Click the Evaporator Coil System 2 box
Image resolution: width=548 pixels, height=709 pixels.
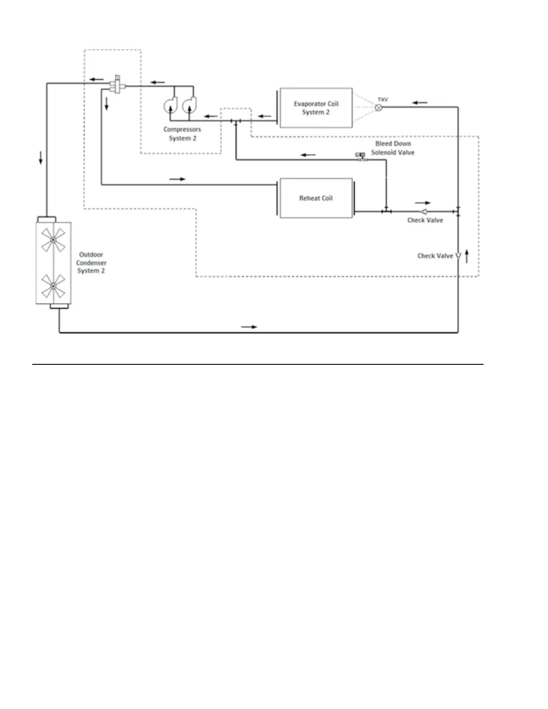click(x=316, y=108)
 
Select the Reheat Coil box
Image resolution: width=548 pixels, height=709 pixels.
click(x=316, y=198)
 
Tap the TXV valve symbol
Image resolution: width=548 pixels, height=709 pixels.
click(x=379, y=107)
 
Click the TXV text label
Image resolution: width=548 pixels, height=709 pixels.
click(x=383, y=99)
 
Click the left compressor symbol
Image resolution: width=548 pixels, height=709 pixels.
click(x=171, y=105)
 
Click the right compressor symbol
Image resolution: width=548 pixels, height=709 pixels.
click(x=189, y=105)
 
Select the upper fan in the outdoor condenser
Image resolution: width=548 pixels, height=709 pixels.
click(x=53, y=240)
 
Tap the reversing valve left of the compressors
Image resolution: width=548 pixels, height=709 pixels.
click(x=117, y=84)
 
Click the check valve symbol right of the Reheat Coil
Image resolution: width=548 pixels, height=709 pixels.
click(x=424, y=211)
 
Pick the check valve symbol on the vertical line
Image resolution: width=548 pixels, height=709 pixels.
click(x=458, y=256)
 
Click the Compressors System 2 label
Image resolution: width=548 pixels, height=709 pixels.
click(x=182, y=134)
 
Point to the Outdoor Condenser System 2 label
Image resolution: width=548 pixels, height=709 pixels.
click(x=91, y=263)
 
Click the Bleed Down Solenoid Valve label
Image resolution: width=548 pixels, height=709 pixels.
click(x=393, y=148)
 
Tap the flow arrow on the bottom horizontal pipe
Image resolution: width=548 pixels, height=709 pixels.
click(x=249, y=327)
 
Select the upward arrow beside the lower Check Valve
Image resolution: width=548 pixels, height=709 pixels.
click(x=467, y=256)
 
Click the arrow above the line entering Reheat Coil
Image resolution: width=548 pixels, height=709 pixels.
click(x=177, y=179)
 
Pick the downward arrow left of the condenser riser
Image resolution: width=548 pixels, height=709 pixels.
click(x=41, y=158)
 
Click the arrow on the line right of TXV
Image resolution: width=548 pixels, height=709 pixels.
click(x=420, y=103)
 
